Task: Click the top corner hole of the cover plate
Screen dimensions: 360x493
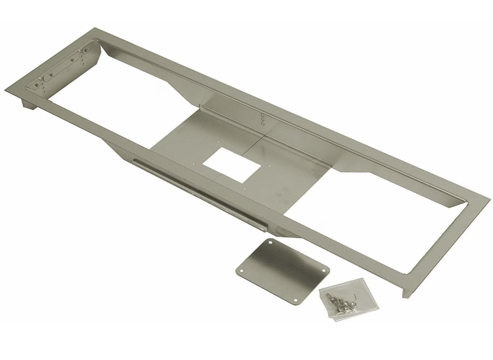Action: click(x=269, y=243)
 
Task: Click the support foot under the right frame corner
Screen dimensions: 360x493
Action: click(x=406, y=290)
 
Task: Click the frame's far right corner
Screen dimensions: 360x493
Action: click(x=489, y=198)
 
